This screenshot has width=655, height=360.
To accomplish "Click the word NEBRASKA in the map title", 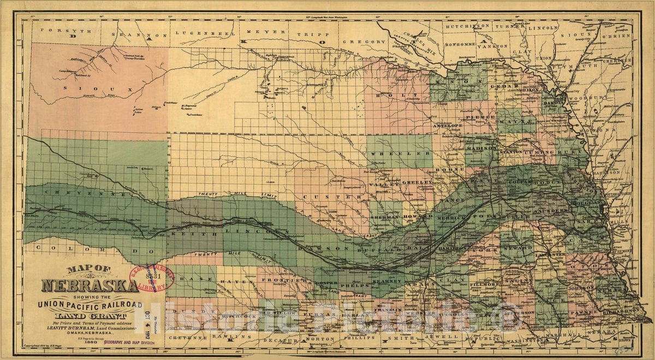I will [90, 286].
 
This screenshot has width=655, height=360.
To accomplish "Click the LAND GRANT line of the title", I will [90, 314].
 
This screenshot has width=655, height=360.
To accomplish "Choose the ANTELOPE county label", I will [448, 125].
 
